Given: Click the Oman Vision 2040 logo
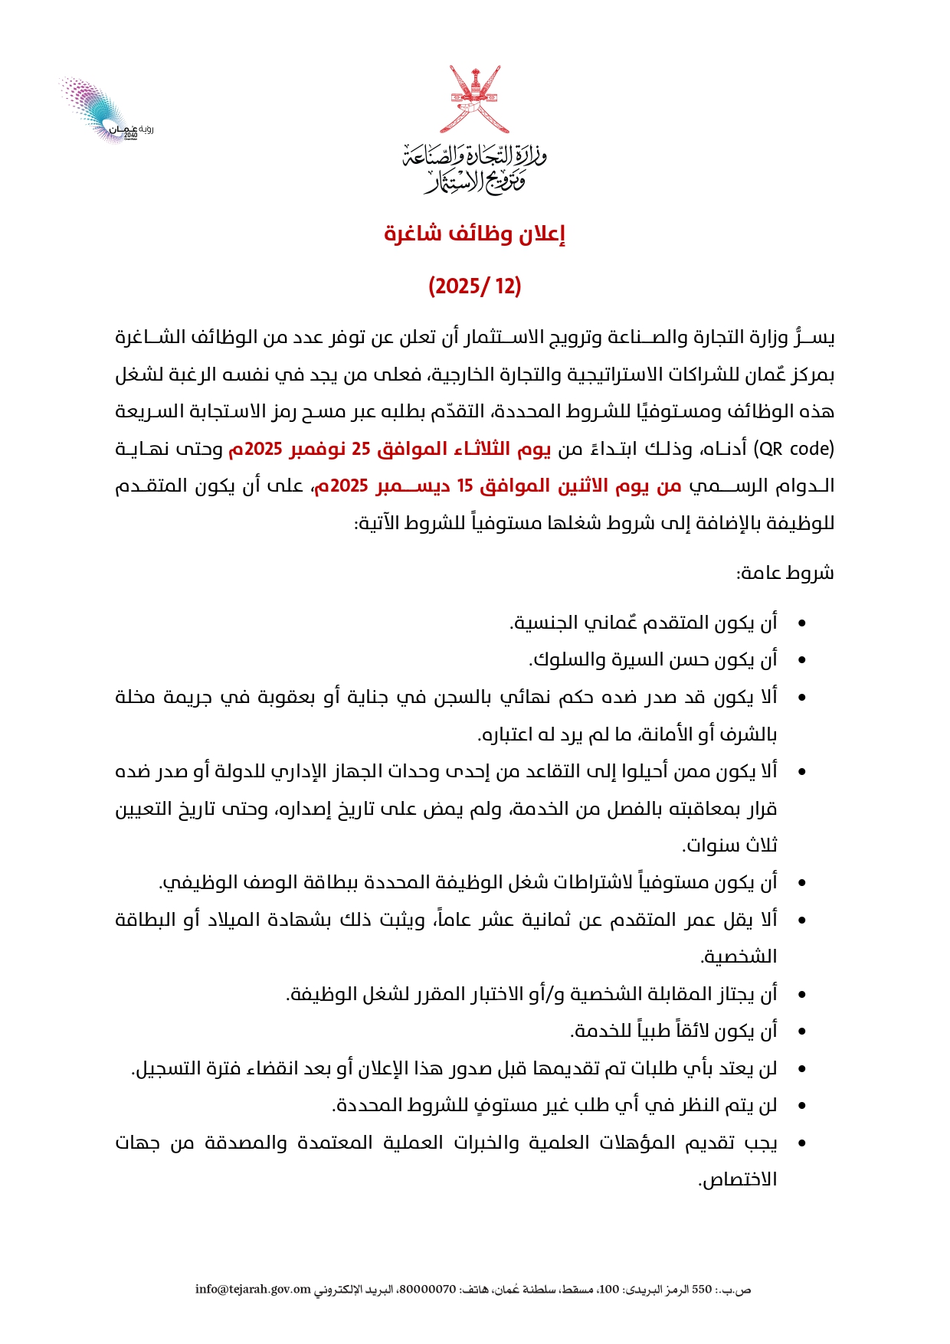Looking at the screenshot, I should tap(104, 112).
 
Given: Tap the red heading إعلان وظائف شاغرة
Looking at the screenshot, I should tap(475, 234).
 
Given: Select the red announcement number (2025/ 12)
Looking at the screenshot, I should tap(475, 286).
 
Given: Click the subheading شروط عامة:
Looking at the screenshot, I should tap(785, 574).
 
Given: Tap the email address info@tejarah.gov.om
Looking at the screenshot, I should tap(253, 1290).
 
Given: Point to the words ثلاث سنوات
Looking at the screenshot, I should tap(730, 846).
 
